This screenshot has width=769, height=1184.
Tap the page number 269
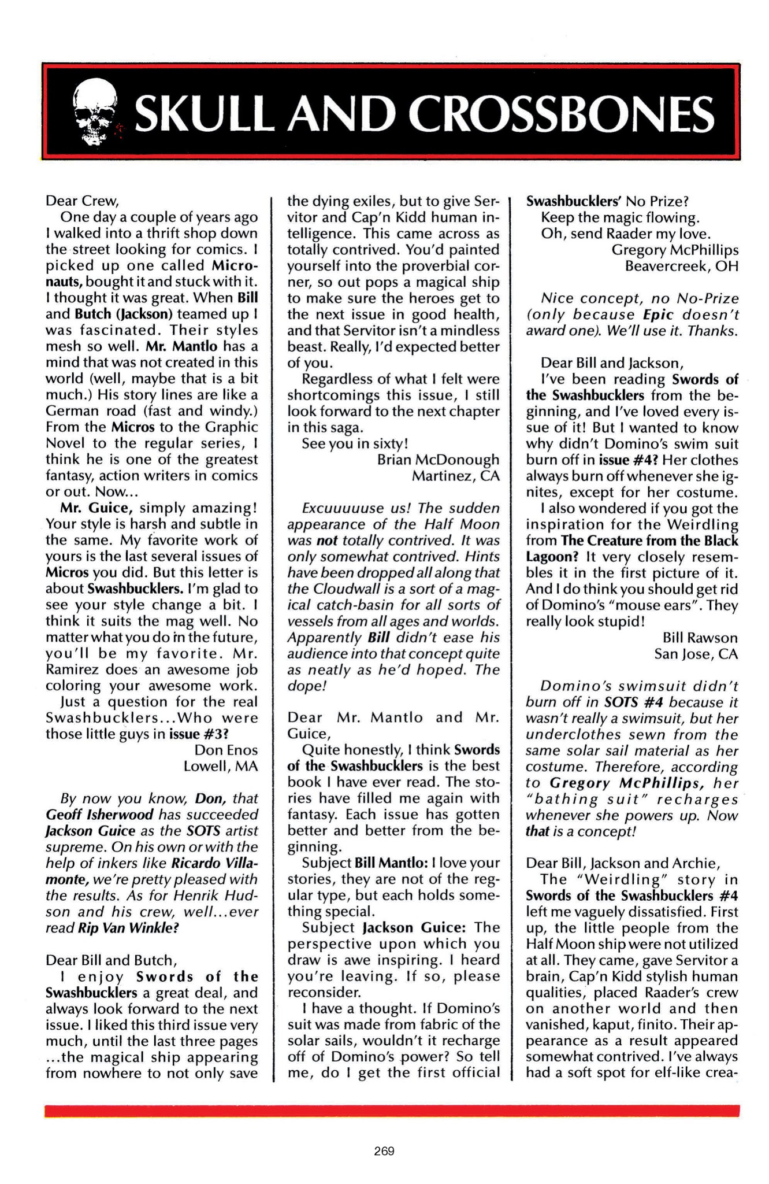point(384,1151)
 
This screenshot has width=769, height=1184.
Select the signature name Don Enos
point(226,750)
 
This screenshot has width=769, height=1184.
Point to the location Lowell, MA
point(220,767)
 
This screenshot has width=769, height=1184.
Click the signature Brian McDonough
point(438,460)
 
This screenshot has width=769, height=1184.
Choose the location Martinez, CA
point(455,476)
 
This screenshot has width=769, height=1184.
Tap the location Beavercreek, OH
point(682,266)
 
